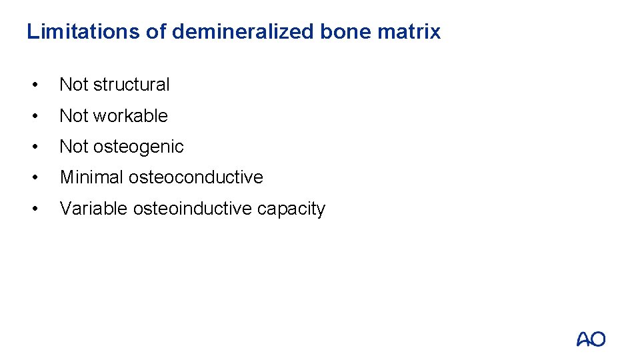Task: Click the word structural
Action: tap(132, 85)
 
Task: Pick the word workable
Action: tap(131, 115)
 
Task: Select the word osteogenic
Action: tap(139, 147)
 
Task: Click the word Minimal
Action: tap(91, 177)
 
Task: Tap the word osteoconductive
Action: tap(196, 177)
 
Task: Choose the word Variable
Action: tap(93, 209)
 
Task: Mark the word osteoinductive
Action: tap(193, 209)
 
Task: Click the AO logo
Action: tap(591, 339)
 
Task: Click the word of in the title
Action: tap(155, 31)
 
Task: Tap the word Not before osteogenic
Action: tap(74, 147)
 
